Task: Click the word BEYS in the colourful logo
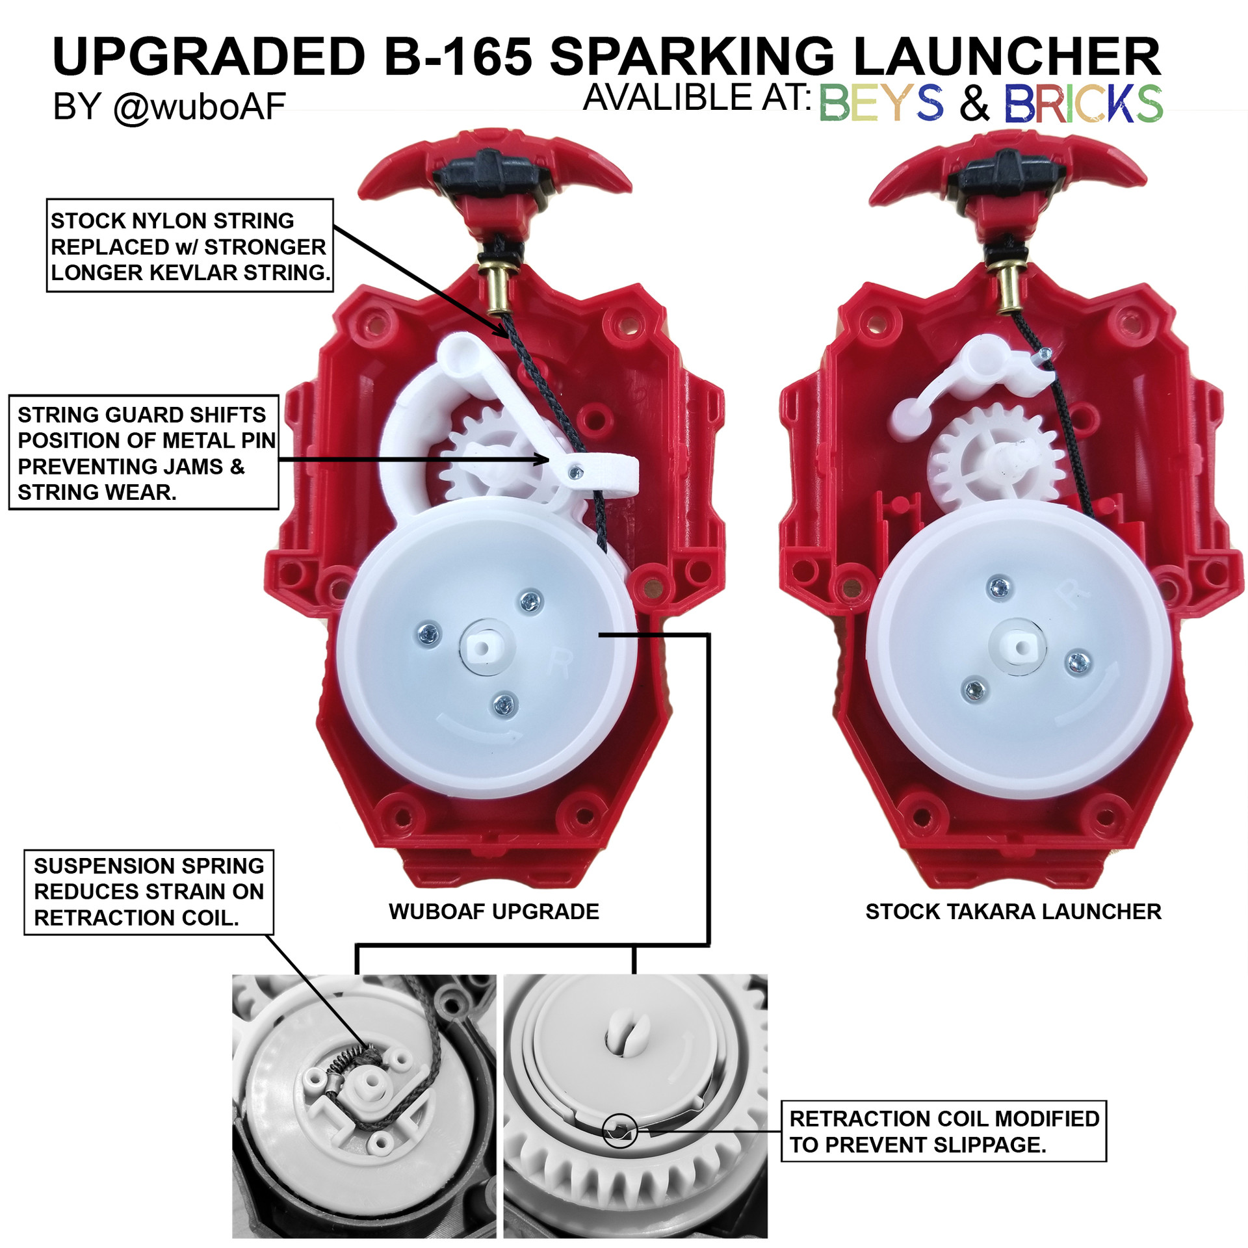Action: [x=881, y=103]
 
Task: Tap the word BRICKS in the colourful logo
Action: [x=1084, y=103]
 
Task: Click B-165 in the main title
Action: [x=458, y=57]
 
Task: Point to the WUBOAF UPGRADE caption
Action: [x=494, y=911]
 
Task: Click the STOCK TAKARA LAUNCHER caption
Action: [x=1013, y=911]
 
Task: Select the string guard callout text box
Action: [x=144, y=452]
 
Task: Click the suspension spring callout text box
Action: [x=149, y=892]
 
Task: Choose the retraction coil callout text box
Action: [x=943, y=1131]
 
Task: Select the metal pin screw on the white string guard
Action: [x=574, y=473]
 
